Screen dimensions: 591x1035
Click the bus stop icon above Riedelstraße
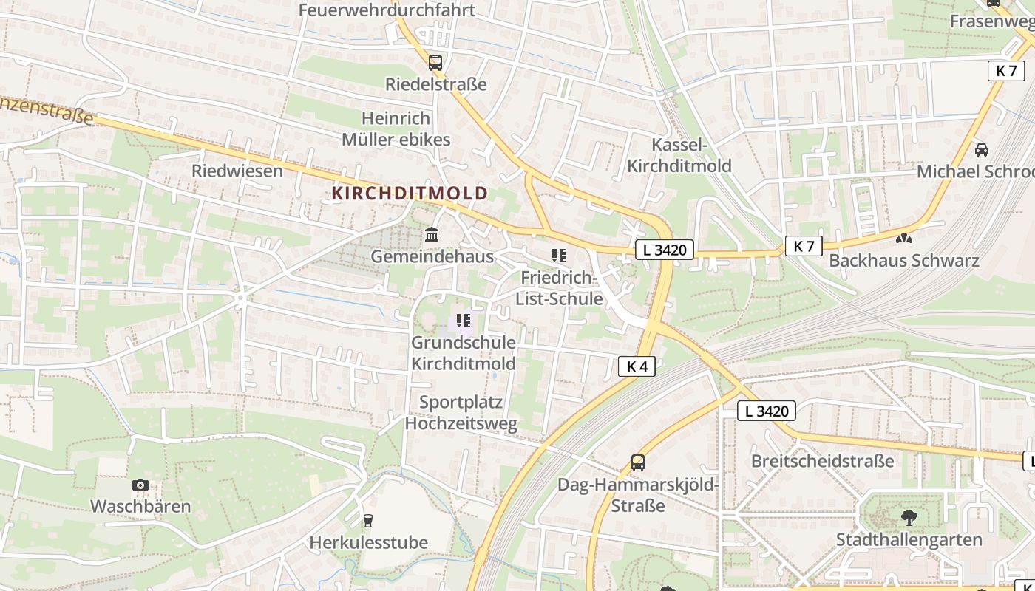click(435, 63)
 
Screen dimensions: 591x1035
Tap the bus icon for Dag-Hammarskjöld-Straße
click(638, 462)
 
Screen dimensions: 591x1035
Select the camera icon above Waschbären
click(140, 485)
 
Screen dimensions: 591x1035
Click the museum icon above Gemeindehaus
click(432, 235)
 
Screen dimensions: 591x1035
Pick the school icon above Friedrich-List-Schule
click(559, 256)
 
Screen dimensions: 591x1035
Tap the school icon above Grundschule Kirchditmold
click(464, 321)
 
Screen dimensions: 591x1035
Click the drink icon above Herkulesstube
click(368, 520)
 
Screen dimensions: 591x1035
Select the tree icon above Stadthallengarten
click(909, 517)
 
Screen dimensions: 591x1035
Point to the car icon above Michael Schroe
click(982, 149)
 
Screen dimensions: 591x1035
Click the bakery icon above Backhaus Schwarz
click(903, 239)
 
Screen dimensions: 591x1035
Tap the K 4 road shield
click(637, 366)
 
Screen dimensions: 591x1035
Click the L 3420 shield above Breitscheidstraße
click(767, 411)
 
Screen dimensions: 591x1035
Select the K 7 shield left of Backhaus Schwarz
click(804, 246)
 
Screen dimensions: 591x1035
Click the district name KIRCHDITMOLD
click(410, 194)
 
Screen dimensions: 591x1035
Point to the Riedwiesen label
click(237, 171)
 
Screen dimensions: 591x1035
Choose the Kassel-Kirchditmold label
click(679, 155)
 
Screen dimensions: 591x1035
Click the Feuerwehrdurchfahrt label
click(387, 10)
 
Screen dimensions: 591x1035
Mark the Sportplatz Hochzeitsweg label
click(461, 413)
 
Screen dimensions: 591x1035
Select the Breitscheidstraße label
click(822, 461)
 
